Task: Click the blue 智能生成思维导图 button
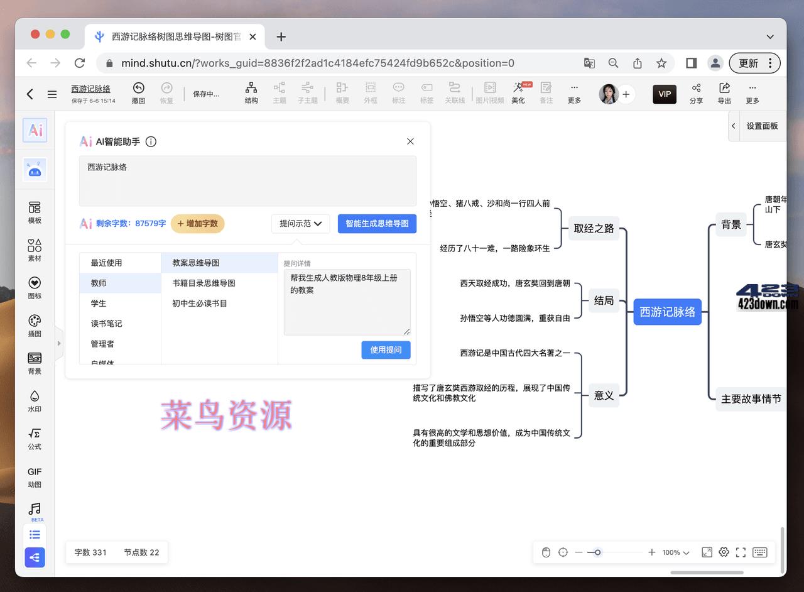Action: (377, 224)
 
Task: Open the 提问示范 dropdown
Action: (300, 224)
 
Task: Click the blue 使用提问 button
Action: (386, 350)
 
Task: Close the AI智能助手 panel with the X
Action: (410, 141)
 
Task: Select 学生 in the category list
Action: (99, 304)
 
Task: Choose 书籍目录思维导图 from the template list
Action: (204, 283)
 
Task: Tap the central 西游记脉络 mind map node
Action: (667, 312)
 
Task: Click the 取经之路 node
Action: (594, 228)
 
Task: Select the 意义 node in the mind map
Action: (604, 395)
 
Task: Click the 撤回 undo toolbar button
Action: (138, 92)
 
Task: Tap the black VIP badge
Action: (665, 94)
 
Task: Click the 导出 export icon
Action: (724, 92)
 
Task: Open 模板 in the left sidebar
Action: (35, 212)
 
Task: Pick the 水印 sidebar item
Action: (35, 401)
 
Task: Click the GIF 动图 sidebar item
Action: (35, 477)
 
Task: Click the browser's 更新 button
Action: (754, 63)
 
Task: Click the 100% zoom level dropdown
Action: (676, 552)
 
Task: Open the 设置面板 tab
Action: (761, 126)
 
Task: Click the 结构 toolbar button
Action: (251, 92)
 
